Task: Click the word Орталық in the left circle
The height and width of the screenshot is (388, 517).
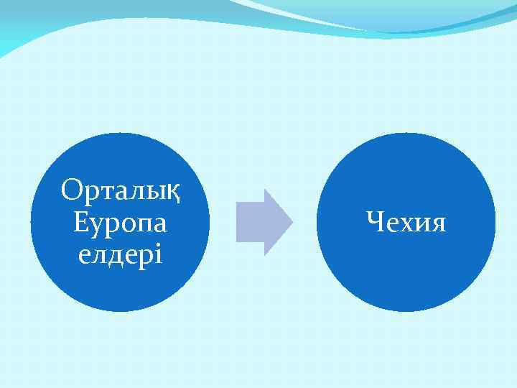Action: [120, 191]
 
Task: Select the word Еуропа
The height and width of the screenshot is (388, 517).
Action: [120, 223]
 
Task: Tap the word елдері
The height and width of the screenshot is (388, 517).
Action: [120, 254]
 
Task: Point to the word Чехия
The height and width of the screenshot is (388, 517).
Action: [406, 222]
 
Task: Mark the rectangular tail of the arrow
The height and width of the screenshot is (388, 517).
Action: [250, 222]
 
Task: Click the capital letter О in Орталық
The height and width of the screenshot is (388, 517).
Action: [71, 190]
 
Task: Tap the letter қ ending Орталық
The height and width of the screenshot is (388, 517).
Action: [172, 193]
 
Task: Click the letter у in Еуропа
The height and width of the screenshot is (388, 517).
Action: [95, 226]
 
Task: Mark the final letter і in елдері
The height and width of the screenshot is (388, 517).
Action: [159, 254]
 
